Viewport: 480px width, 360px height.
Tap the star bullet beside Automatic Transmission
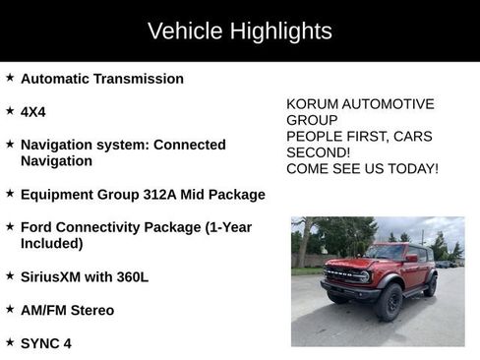click(x=10, y=77)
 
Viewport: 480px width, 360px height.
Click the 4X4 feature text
click(x=35, y=112)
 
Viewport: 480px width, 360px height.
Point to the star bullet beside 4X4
click(x=10, y=110)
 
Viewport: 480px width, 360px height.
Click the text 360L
click(x=132, y=277)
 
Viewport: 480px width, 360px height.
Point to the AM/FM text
click(x=44, y=311)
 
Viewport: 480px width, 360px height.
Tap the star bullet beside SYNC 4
click(x=10, y=342)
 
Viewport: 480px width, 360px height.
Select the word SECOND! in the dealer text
click(x=320, y=152)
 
